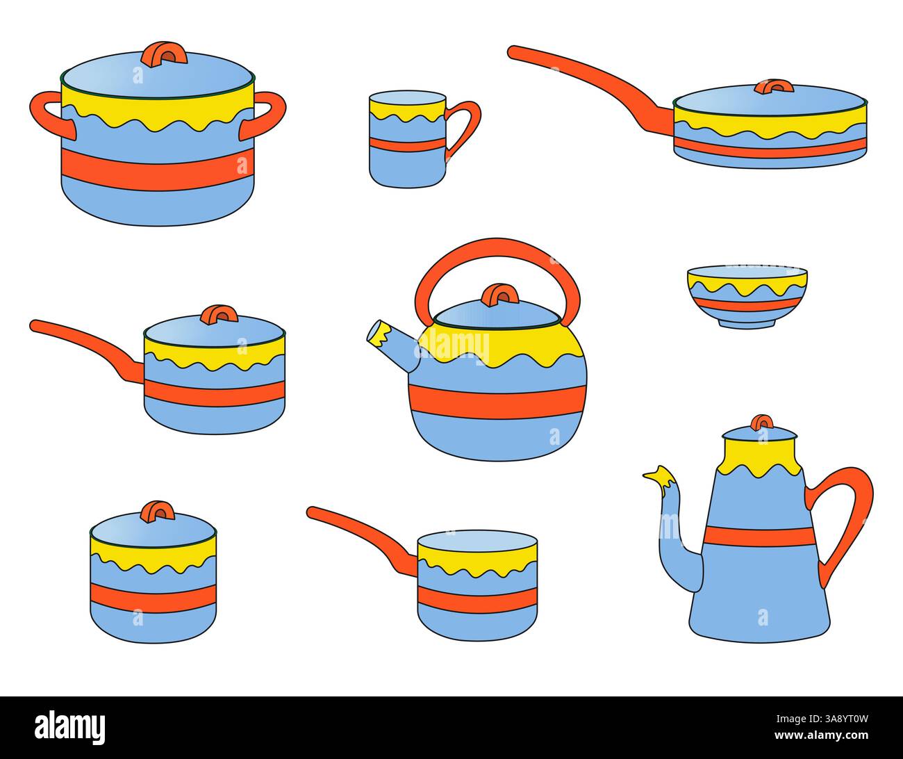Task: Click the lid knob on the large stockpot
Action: (164, 54)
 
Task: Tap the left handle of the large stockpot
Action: (47, 113)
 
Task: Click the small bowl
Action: (747, 296)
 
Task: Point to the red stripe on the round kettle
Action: (497, 401)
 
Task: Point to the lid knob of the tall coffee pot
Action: (762, 423)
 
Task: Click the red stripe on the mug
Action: (407, 145)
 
